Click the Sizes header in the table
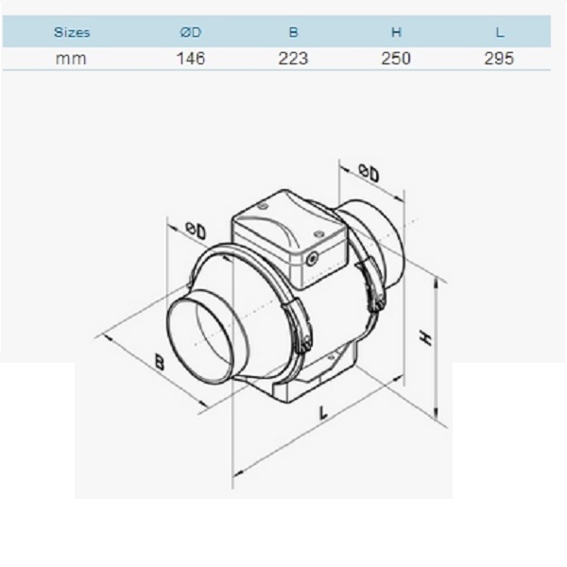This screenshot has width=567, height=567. (x=72, y=32)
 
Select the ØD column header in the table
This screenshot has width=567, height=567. (x=191, y=32)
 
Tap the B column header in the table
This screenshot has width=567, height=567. (x=293, y=32)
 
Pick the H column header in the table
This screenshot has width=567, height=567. (x=396, y=32)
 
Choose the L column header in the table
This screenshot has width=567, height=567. (x=500, y=32)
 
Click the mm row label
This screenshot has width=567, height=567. (x=71, y=59)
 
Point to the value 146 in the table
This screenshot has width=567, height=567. (x=191, y=59)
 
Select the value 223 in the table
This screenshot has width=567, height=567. (x=293, y=59)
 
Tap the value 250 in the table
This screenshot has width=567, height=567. (x=396, y=59)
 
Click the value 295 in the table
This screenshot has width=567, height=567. (x=499, y=59)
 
